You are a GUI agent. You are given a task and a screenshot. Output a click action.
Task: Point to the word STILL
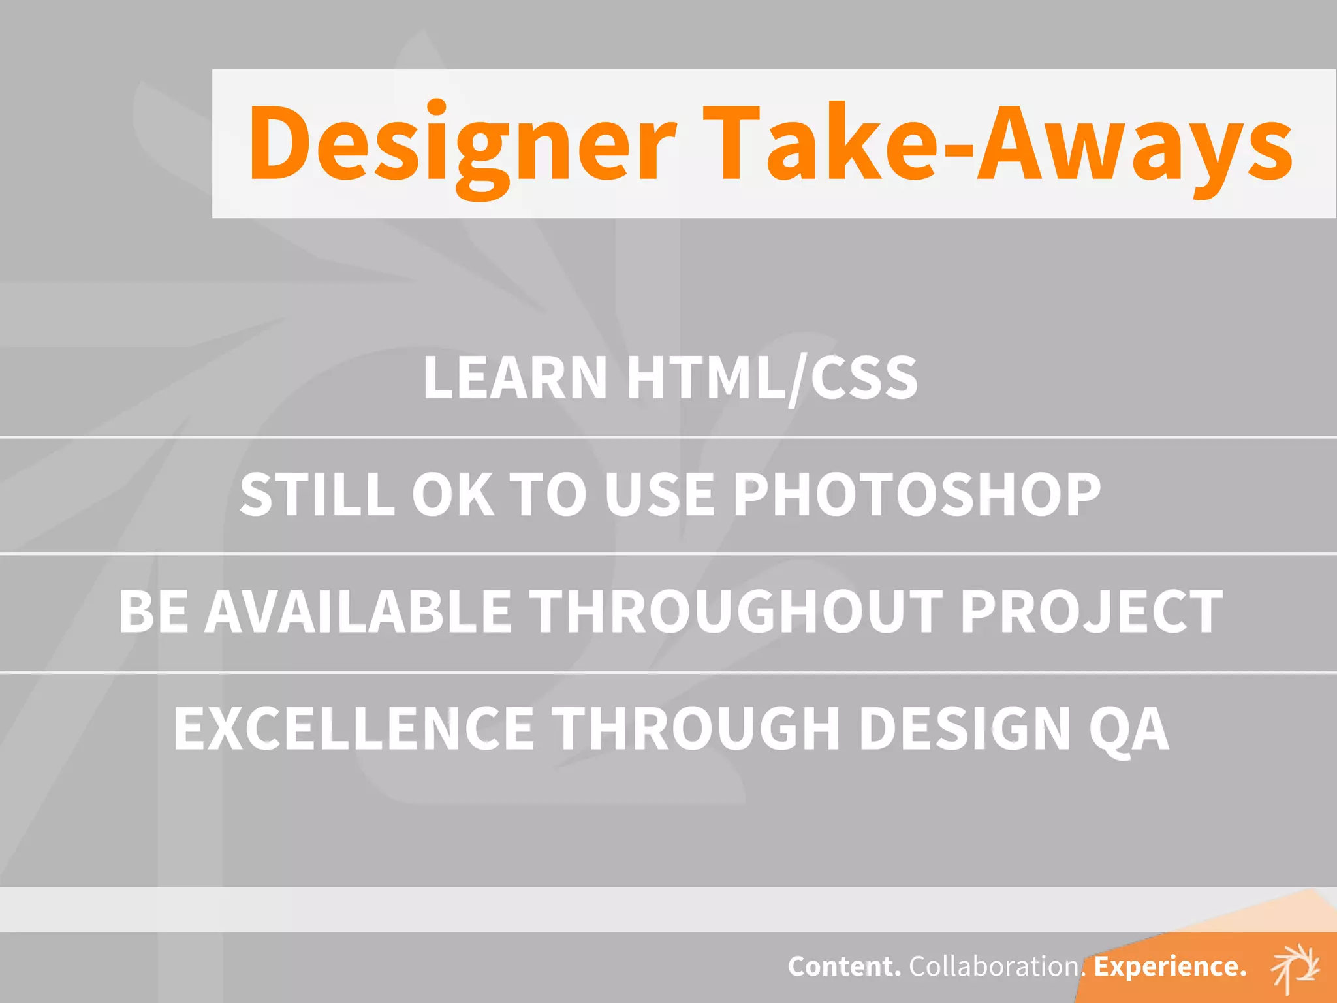317,494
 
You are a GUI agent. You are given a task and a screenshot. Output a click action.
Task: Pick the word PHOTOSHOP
917,494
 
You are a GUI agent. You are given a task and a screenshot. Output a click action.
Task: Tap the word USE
659,494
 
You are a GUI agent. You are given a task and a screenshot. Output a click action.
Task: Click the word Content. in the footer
844,966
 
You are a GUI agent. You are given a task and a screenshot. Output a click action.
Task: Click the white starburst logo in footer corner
1295,967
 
